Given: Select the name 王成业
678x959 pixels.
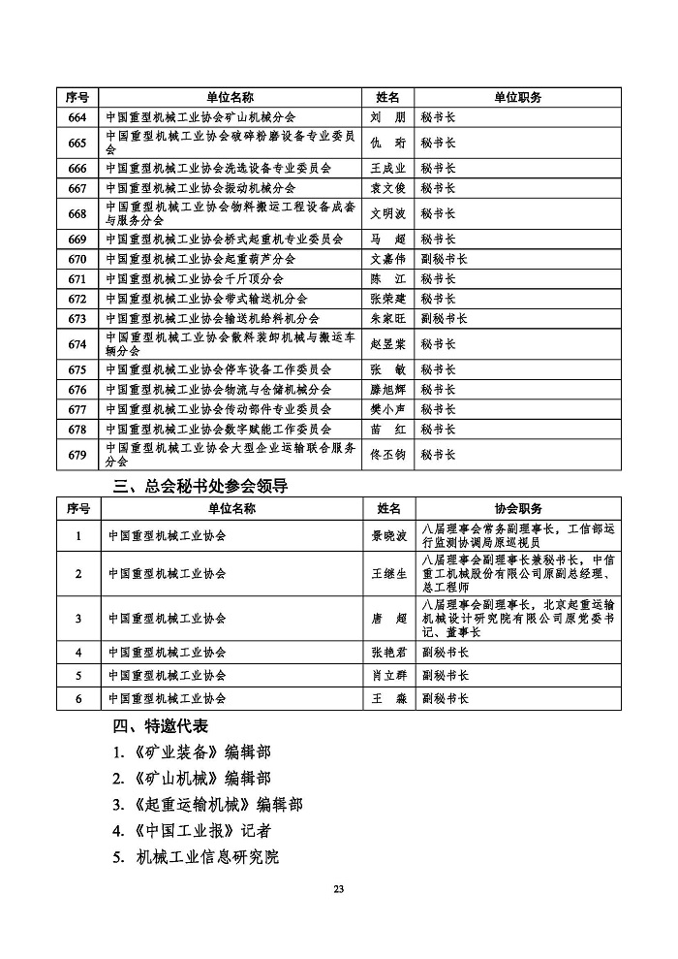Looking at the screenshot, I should pos(387,168).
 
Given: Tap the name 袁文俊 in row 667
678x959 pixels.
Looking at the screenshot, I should pos(387,188).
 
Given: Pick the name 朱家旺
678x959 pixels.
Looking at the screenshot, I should pos(387,318).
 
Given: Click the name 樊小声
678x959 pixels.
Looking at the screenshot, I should pos(387,409).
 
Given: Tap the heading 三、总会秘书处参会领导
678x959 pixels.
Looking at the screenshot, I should pos(201,485).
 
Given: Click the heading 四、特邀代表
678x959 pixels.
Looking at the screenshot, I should pos(161,726).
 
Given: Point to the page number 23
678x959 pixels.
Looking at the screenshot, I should pos(338,889).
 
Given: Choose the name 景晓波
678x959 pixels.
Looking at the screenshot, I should pos(387,535).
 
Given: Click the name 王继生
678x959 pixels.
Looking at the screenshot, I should pos(387,574).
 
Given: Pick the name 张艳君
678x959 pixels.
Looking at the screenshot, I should pos(387,653).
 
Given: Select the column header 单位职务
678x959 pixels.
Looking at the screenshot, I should pos(517,97).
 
